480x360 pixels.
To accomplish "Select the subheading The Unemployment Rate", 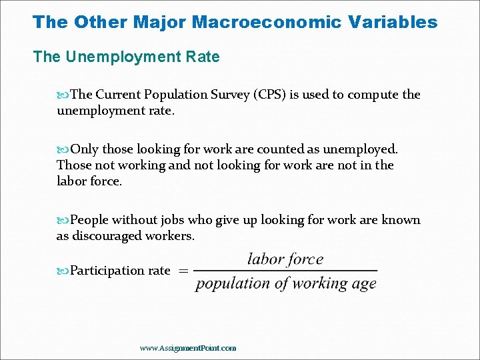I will click(x=126, y=57).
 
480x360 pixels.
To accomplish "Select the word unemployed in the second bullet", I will click(x=360, y=149).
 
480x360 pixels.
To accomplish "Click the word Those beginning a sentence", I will click(x=73, y=165).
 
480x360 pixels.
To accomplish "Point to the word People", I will click(x=89, y=219).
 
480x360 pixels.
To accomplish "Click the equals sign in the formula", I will click(x=182, y=271).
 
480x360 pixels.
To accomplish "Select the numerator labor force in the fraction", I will click(x=285, y=259).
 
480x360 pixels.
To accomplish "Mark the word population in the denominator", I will click(x=233, y=284).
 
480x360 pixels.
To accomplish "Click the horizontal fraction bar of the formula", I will click(x=286, y=271).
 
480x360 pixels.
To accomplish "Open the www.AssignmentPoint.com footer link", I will click(x=188, y=348).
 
